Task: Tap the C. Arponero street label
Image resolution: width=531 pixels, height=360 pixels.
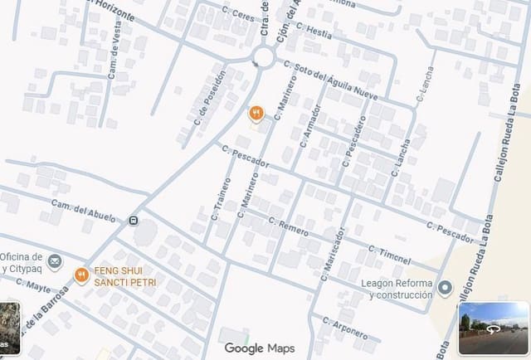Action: point(344,328)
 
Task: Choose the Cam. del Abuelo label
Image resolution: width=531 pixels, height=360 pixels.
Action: point(83,208)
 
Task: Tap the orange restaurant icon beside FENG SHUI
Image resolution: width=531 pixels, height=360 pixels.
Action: point(81,275)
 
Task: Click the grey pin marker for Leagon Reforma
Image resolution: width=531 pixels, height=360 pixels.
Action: point(446,288)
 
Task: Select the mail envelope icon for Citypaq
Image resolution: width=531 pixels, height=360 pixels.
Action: point(55,262)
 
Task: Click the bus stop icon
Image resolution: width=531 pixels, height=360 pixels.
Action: point(134,221)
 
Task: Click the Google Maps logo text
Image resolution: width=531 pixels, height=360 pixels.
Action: point(260,348)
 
